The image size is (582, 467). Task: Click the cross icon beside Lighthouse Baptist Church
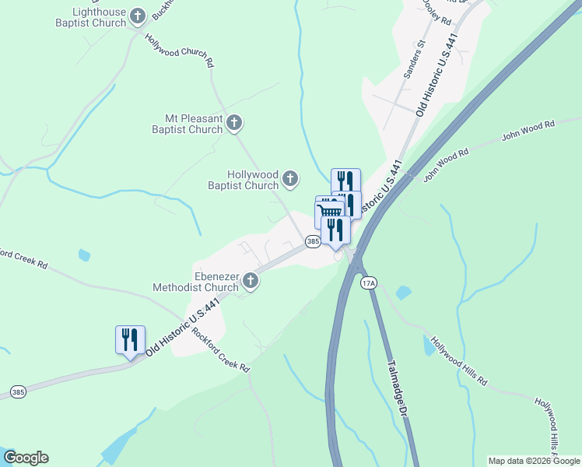(138, 16)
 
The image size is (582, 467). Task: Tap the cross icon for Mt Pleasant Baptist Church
(234, 122)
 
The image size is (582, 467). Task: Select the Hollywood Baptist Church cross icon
(289, 179)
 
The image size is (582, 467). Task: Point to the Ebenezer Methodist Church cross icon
(250, 280)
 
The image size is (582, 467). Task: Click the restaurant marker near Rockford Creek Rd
(129, 339)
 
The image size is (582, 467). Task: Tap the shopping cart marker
(330, 212)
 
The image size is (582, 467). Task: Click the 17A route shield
(369, 284)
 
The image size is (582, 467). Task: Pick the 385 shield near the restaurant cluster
(313, 242)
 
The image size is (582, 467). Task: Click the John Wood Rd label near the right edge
(528, 129)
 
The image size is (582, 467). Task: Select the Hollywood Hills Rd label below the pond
(459, 362)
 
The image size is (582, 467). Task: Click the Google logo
(26, 458)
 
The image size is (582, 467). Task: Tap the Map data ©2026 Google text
(533, 461)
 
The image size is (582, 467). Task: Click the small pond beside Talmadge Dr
(402, 293)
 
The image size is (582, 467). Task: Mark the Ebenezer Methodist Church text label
(216, 283)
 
